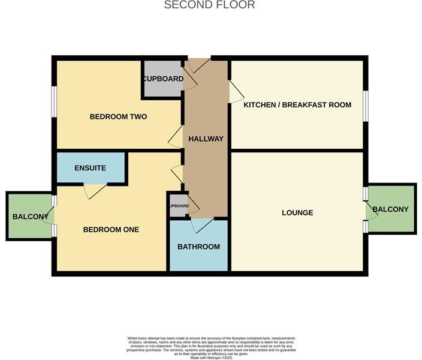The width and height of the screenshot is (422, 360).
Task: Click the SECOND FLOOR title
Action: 210,5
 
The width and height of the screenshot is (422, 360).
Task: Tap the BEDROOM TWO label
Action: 118,116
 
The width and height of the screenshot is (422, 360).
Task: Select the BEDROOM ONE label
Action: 111,229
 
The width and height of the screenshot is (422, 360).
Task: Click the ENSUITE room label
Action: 91,168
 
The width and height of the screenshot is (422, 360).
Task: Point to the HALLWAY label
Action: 206,139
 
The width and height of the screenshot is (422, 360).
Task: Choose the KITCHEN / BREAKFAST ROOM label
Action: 297,105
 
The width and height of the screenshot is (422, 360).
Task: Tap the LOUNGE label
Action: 297,212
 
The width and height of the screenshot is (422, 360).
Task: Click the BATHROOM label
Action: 198,247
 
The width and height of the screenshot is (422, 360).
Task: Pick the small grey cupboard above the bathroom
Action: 178,206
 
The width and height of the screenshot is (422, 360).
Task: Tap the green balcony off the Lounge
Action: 391,209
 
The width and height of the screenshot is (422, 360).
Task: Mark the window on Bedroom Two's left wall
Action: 54,101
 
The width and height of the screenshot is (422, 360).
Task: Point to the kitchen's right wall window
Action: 365,106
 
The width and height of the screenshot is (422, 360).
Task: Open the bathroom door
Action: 202,226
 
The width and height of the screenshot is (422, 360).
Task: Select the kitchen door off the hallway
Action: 236,92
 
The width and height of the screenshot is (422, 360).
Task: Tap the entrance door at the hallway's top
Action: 198,65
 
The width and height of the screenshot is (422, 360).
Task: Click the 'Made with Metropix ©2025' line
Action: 210,358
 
